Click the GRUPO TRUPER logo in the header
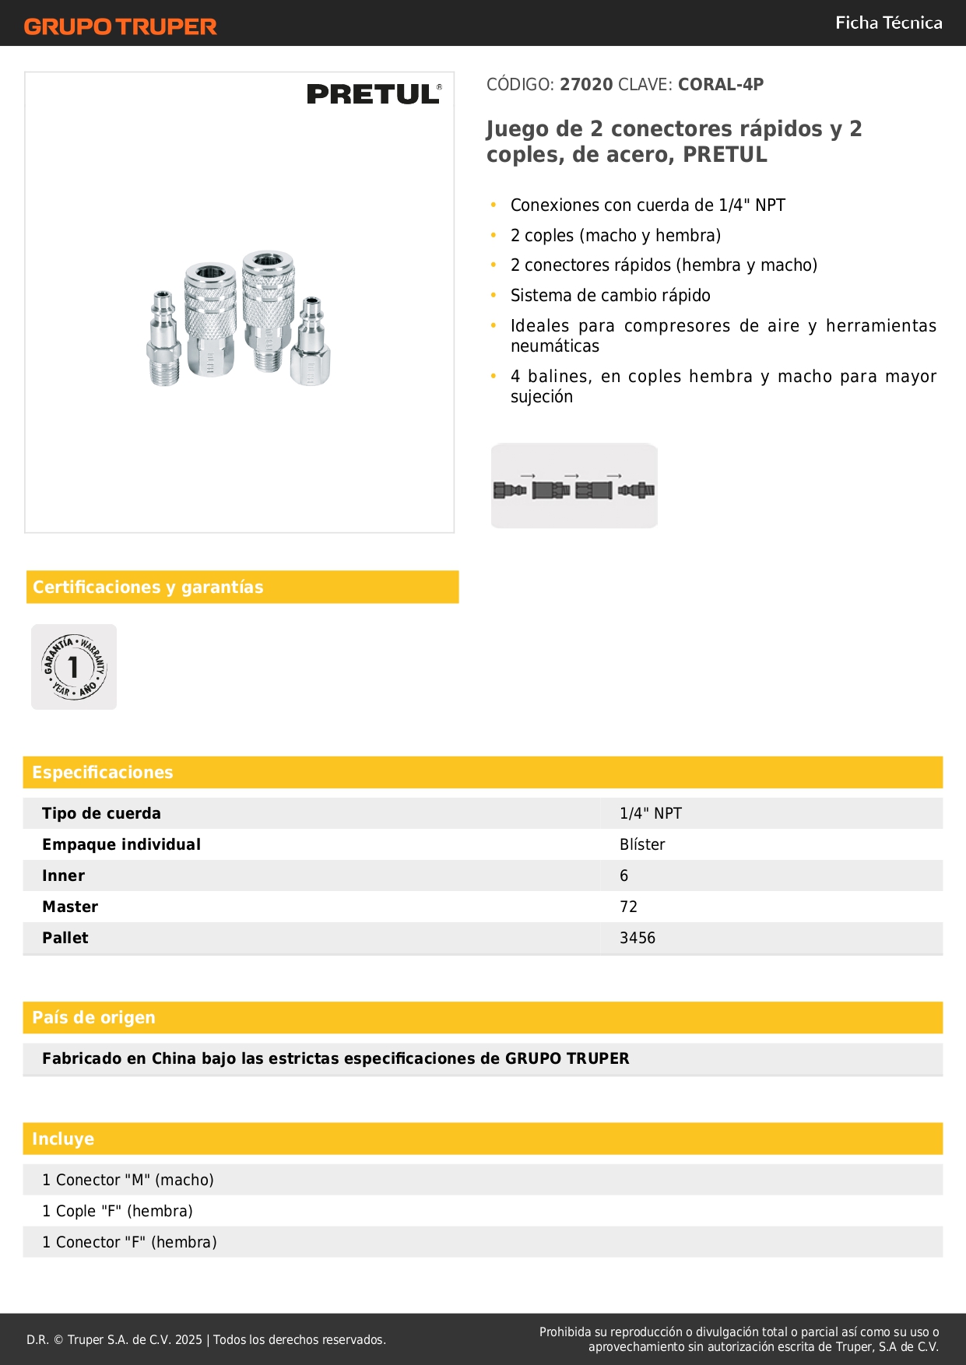tap(120, 26)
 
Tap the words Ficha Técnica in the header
tap(888, 23)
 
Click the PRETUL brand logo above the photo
tap(374, 94)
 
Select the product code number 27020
tap(586, 85)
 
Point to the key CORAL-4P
tap(720, 85)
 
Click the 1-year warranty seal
tap(74, 667)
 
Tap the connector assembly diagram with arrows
tap(574, 486)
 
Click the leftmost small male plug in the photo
tap(163, 340)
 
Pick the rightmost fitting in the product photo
tap(311, 342)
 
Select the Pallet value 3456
tap(637, 938)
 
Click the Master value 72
tap(628, 907)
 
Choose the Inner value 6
tap(624, 875)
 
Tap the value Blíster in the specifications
tap(642, 844)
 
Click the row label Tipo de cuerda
tap(101, 813)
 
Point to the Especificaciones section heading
tap(103, 772)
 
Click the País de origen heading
tap(93, 1017)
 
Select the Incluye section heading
tap(63, 1139)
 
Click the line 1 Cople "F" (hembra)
tap(118, 1211)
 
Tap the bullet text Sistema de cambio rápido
tap(610, 296)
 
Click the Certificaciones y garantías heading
tap(148, 587)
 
